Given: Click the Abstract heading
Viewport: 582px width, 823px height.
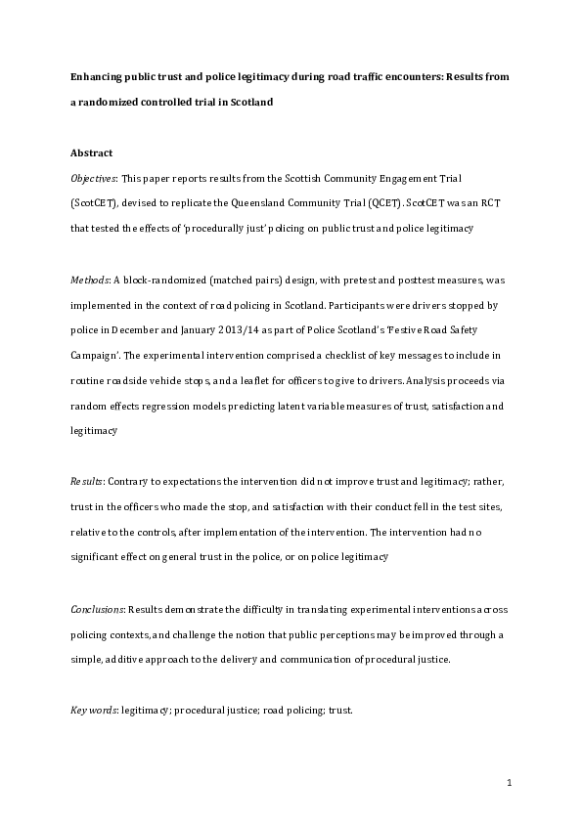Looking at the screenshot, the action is click(92, 153).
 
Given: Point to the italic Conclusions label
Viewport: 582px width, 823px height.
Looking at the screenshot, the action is click(98, 608).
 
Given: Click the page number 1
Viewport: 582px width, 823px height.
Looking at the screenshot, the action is click(510, 782).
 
